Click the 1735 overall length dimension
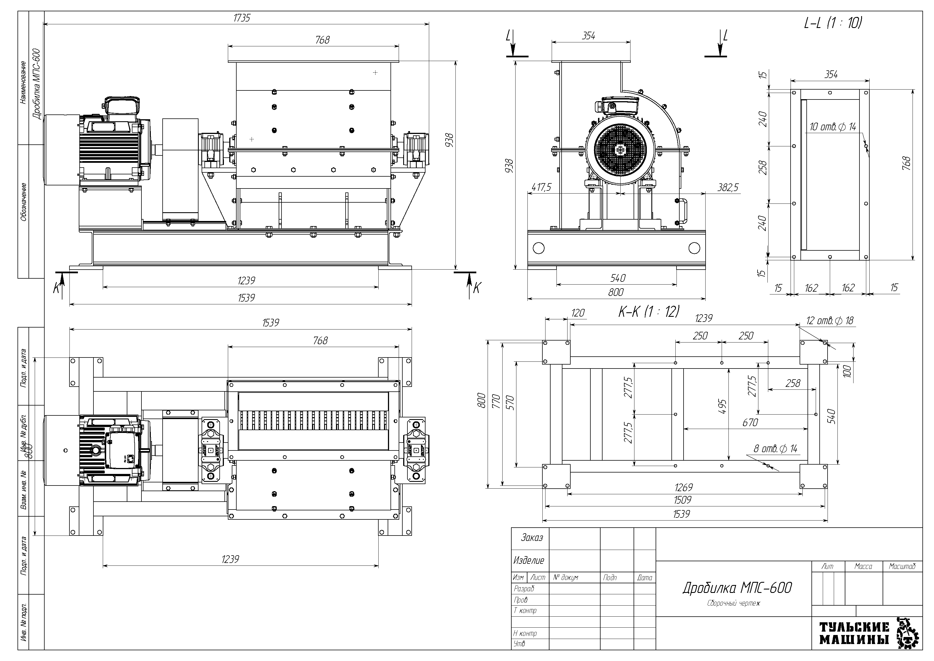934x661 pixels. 242,18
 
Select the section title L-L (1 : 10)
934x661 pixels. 833,23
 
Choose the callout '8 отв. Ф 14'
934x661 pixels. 775,449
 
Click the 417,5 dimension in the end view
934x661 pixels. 541,187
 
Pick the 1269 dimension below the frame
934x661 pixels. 683,487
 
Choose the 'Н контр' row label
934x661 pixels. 525,633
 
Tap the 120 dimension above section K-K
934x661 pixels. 578,313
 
